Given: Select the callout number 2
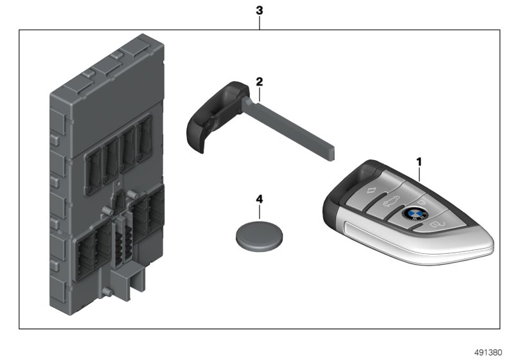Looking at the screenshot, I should click(x=259, y=82).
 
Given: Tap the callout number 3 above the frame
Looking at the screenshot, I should click(x=259, y=11).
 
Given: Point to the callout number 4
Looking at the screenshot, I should click(x=259, y=199).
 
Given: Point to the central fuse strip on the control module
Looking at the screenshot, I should click(x=120, y=238).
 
